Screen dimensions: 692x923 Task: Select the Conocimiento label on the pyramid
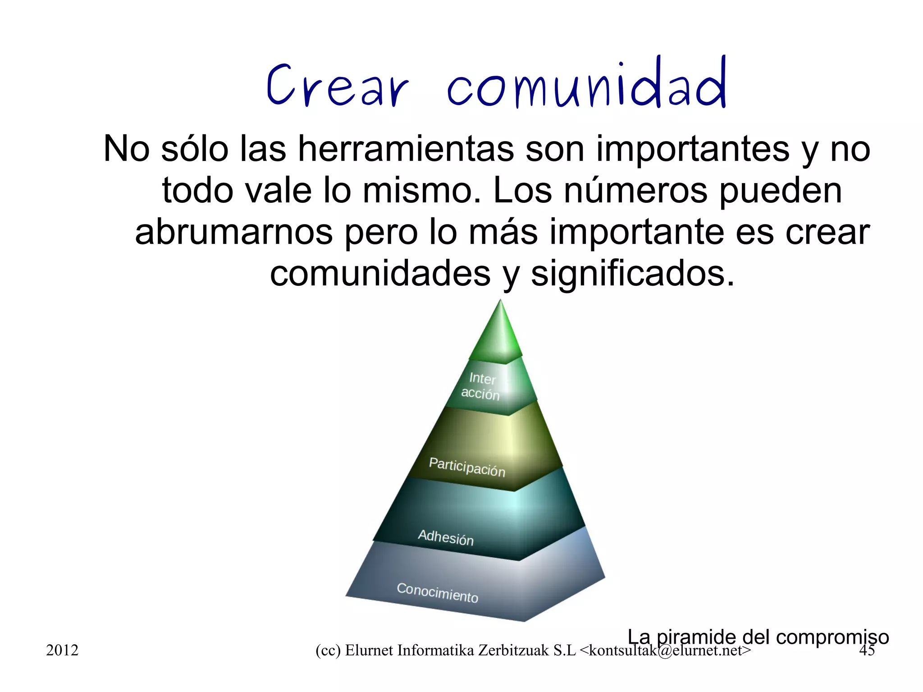[x=437, y=593]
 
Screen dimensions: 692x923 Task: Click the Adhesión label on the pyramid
[x=446, y=537]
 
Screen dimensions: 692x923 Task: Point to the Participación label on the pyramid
[x=467, y=467]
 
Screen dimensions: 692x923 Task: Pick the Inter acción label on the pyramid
[x=481, y=386]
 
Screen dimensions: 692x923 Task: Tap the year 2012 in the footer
[x=62, y=650]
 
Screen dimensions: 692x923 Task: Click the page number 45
[x=867, y=650]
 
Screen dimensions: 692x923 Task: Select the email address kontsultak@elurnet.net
[x=665, y=651]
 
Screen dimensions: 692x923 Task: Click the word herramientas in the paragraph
[x=406, y=149]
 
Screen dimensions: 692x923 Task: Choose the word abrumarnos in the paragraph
[x=233, y=233]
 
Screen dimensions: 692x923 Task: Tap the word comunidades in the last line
[x=380, y=274]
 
